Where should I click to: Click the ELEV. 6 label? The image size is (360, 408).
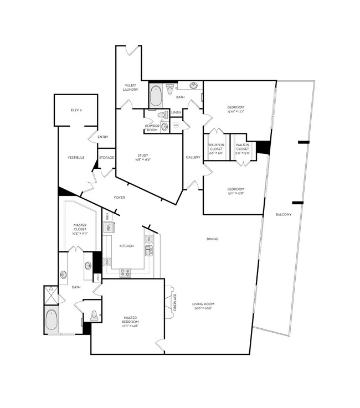[x=76, y=111]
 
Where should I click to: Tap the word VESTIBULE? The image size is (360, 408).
[x=76, y=157]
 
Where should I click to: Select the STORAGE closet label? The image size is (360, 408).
[x=106, y=158]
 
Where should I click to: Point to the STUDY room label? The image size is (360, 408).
[x=143, y=157]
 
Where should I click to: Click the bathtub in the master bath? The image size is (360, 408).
[x=52, y=320]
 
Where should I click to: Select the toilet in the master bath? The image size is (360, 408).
[x=94, y=315]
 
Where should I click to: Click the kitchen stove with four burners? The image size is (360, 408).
[x=126, y=272]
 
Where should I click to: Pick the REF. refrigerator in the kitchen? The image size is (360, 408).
[x=108, y=227]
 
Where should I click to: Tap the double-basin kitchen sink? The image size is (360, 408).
[x=148, y=251]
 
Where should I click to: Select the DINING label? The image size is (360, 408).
[x=212, y=239]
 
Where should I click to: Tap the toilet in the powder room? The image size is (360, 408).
[x=163, y=115]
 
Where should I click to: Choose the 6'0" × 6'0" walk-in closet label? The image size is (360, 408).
[x=215, y=151]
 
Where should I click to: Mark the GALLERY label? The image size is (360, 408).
[x=193, y=157]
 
